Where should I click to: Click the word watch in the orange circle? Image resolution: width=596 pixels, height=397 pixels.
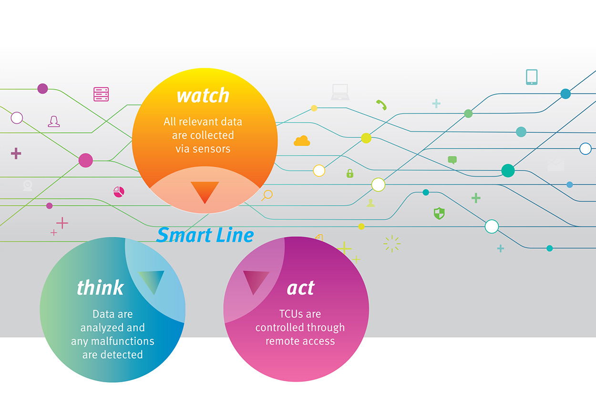[203, 96]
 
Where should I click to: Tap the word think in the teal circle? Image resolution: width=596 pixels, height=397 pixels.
[100, 287]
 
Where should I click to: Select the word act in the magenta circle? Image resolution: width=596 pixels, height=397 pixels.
[301, 288]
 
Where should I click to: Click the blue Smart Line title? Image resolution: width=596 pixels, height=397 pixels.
[205, 235]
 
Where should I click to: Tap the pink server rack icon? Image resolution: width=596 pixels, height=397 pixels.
[101, 94]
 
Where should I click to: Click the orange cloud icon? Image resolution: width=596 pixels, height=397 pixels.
[302, 141]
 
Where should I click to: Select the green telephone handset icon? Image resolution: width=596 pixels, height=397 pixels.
[381, 105]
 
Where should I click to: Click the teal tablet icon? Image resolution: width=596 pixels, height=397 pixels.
[532, 77]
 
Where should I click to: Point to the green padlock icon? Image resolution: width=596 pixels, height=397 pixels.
[350, 173]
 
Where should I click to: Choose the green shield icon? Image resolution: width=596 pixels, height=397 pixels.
[439, 213]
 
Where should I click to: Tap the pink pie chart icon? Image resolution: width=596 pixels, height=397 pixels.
[119, 192]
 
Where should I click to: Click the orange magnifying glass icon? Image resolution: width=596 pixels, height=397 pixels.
[267, 195]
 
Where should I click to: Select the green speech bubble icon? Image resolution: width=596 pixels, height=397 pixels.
[452, 160]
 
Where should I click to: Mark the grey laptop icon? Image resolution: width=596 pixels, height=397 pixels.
[340, 92]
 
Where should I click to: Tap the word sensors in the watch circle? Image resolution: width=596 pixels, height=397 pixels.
[212, 149]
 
